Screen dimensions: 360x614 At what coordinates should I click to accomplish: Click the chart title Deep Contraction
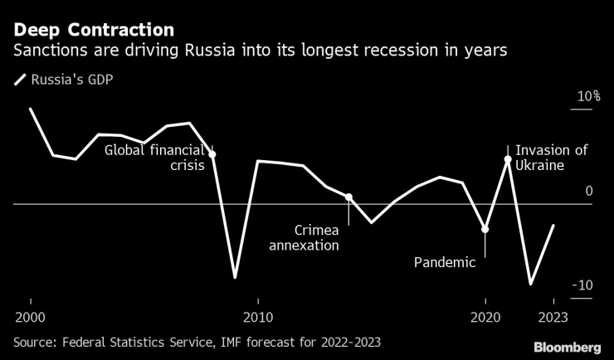pyautogui.click(x=93, y=30)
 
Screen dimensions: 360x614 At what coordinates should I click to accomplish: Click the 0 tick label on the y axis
pyautogui.click(x=589, y=192)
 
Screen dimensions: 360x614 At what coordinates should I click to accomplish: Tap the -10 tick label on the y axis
pyautogui.click(x=584, y=285)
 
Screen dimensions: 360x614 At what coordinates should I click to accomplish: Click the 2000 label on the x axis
pyautogui.click(x=31, y=317)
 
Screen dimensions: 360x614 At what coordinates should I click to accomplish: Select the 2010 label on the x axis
pyautogui.click(x=258, y=317)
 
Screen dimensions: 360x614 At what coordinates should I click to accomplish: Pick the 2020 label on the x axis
pyautogui.click(x=485, y=317)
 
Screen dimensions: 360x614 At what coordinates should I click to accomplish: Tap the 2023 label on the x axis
pyautogui.click(x=553, y=317)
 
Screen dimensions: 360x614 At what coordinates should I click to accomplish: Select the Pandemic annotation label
pyautogui.click(x=445, y=263)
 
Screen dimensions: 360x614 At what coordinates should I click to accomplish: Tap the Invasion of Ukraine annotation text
pyautogui.click(x=551, y=158)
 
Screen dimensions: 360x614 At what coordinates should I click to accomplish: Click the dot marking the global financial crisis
pyautogui.click(x=212, y=154)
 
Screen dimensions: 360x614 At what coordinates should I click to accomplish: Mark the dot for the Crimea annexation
pyautogui.click(x=348, y=197)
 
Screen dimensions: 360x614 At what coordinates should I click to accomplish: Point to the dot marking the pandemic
pyautogui.click(x=485, y=229)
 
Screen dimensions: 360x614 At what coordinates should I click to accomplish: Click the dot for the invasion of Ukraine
pyautogui.click(x=508, y=158)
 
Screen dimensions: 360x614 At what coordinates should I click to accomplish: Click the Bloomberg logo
pyautogui.click(x=567, y=346)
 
